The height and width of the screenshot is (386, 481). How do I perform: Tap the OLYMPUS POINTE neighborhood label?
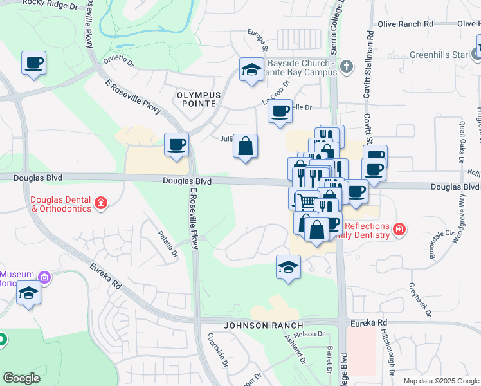[x=199, y=100]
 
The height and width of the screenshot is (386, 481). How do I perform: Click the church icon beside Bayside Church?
[x=347, y=66]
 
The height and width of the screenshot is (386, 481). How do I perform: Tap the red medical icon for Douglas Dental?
[x=100, y=204]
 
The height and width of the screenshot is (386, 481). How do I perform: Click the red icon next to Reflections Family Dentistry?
[x=399, y=229]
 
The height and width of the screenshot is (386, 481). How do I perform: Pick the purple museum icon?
[x=44, y=278]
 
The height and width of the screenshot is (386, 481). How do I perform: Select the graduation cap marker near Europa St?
[x=251, y=71]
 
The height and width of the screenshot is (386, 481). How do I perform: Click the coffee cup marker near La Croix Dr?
[x=280, y=112]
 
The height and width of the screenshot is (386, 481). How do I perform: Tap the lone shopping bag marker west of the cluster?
[x=246, y=147]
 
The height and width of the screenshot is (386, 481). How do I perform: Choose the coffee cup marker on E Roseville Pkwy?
[x=176, y=145]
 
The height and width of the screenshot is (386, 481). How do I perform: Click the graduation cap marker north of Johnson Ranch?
[x=288, y=267]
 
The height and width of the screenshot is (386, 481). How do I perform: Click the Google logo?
[x=21, y=378]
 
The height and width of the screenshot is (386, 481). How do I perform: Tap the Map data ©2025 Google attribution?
[x=441, y=381]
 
